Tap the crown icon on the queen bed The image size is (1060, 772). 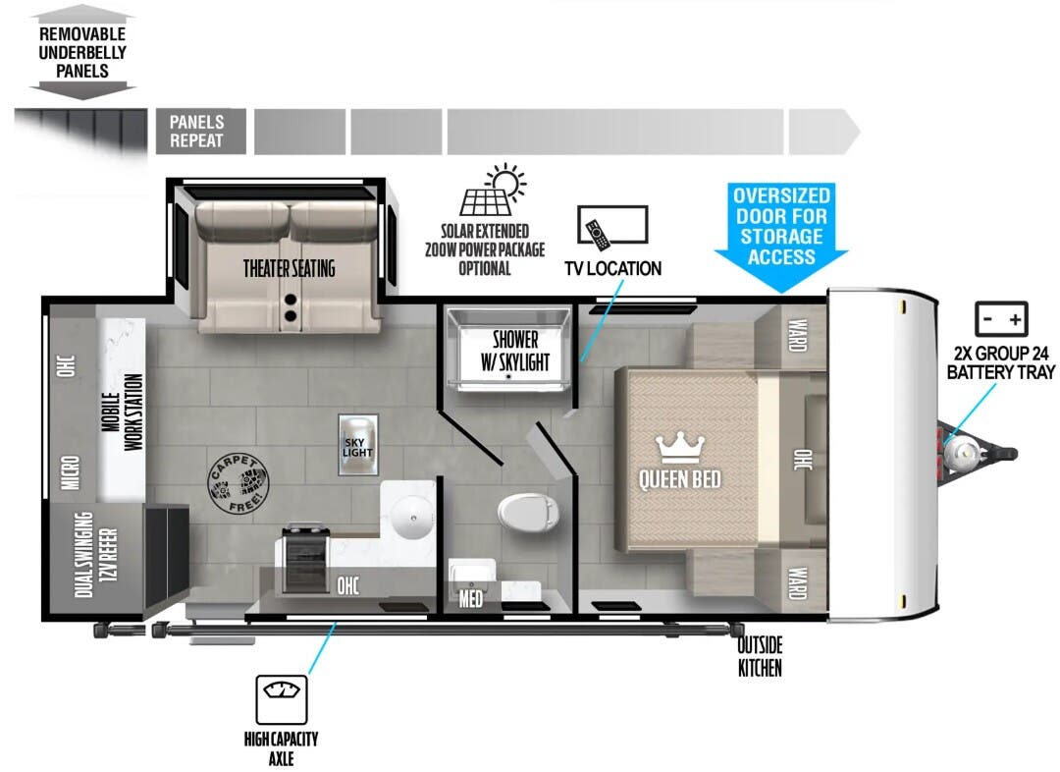coord(679,448)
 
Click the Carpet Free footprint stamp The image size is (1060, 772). coord(236,480)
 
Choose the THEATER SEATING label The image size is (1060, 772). coord(289,268)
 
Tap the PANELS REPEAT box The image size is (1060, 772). coord(196,132)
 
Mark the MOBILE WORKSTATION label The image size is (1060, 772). coord(122,407)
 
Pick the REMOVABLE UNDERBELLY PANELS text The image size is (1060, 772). coord(82,52)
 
